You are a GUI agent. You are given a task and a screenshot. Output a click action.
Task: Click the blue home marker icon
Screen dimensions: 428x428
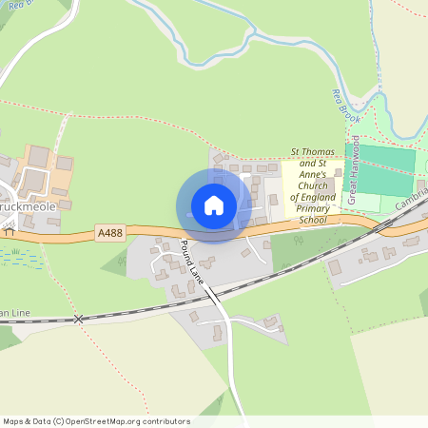click(213, 205)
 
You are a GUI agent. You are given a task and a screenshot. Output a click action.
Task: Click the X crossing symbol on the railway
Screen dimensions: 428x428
click(79, 319)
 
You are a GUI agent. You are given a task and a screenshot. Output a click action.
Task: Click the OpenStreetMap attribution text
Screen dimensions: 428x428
click(96, 421)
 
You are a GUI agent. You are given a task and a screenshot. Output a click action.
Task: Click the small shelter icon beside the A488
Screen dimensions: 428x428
click(9, 230)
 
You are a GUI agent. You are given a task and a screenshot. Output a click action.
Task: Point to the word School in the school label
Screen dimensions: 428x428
click(313, 220)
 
